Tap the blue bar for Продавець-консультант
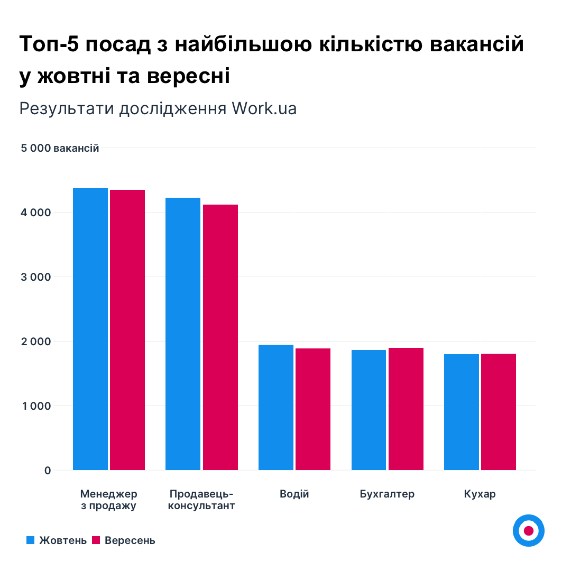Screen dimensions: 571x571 click(x=183, y=334)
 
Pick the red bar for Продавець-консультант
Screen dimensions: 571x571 click(x=220, y=337)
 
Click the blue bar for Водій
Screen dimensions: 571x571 click(x=276, y=407)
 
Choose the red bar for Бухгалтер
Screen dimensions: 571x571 click(x=406, y=409)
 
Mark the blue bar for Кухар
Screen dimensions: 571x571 click(x=462, y=412)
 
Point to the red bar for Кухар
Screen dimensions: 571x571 click(x=499, y=412)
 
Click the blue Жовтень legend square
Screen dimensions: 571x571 click(x=30, y=540)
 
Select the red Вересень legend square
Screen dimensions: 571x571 click(x=96, y=540)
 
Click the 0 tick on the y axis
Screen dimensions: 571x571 click(x=48, y=471)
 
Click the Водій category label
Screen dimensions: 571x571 click(x=294, y=494)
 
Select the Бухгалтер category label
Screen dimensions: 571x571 click(x=387, y=494)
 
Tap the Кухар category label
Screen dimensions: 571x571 click(x=480, y=494)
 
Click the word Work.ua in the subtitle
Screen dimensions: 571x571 click(x=264, y=108)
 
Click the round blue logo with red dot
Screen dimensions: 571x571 click(x=528, y=530)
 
